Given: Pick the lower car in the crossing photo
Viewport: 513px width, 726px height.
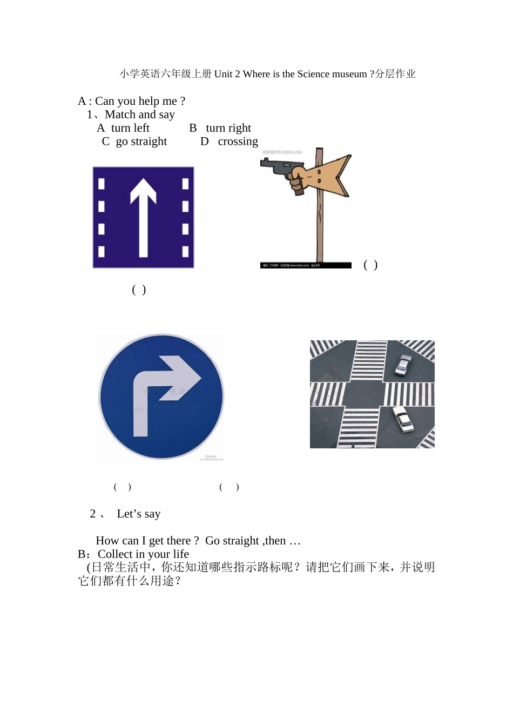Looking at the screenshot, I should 402,419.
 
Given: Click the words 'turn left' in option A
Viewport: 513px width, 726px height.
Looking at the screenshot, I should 130,128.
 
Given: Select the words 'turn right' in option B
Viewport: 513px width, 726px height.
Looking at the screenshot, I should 228,128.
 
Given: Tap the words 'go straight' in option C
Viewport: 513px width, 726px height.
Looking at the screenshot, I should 141,142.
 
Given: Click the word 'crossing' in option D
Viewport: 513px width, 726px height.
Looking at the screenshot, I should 238,142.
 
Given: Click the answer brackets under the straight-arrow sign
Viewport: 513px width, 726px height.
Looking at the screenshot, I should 139,290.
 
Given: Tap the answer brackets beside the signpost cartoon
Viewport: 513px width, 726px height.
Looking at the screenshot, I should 370,265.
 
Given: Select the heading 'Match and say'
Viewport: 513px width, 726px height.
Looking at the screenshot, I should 140,115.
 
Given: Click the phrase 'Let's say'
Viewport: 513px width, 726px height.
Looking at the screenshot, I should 139,514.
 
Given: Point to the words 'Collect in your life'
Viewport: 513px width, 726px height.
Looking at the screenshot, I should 143,554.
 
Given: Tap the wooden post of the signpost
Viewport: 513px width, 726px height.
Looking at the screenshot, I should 320,227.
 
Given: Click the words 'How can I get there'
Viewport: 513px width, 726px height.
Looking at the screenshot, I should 144,541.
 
